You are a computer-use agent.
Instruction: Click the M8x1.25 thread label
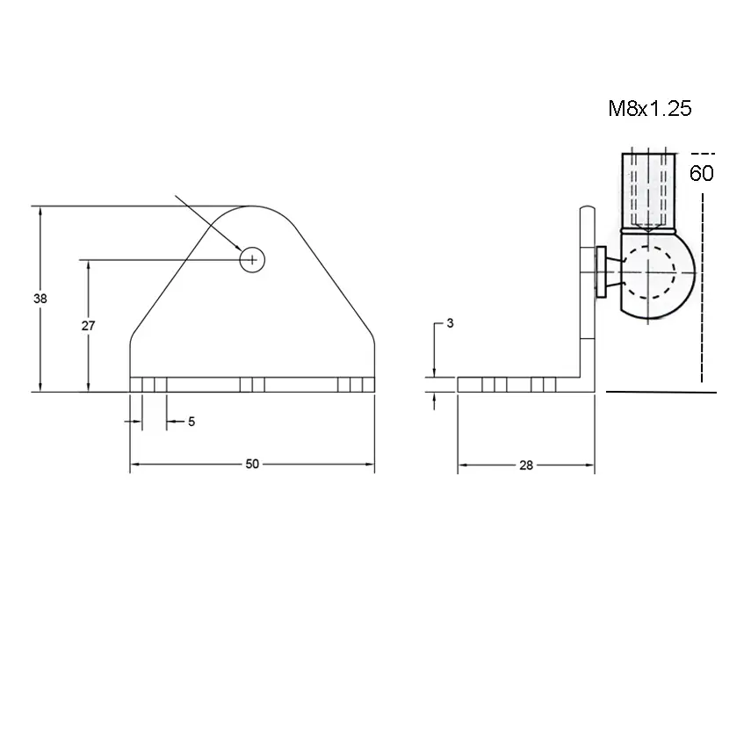649,109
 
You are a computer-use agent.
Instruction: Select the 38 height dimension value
40,299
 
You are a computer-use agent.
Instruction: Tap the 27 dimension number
88,326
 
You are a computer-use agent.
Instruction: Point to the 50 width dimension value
252,464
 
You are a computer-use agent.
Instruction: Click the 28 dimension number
526,465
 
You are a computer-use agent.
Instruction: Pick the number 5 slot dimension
191,422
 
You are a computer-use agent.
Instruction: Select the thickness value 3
450,323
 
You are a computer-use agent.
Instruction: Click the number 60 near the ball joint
702,173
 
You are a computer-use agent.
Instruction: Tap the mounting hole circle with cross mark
252,260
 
